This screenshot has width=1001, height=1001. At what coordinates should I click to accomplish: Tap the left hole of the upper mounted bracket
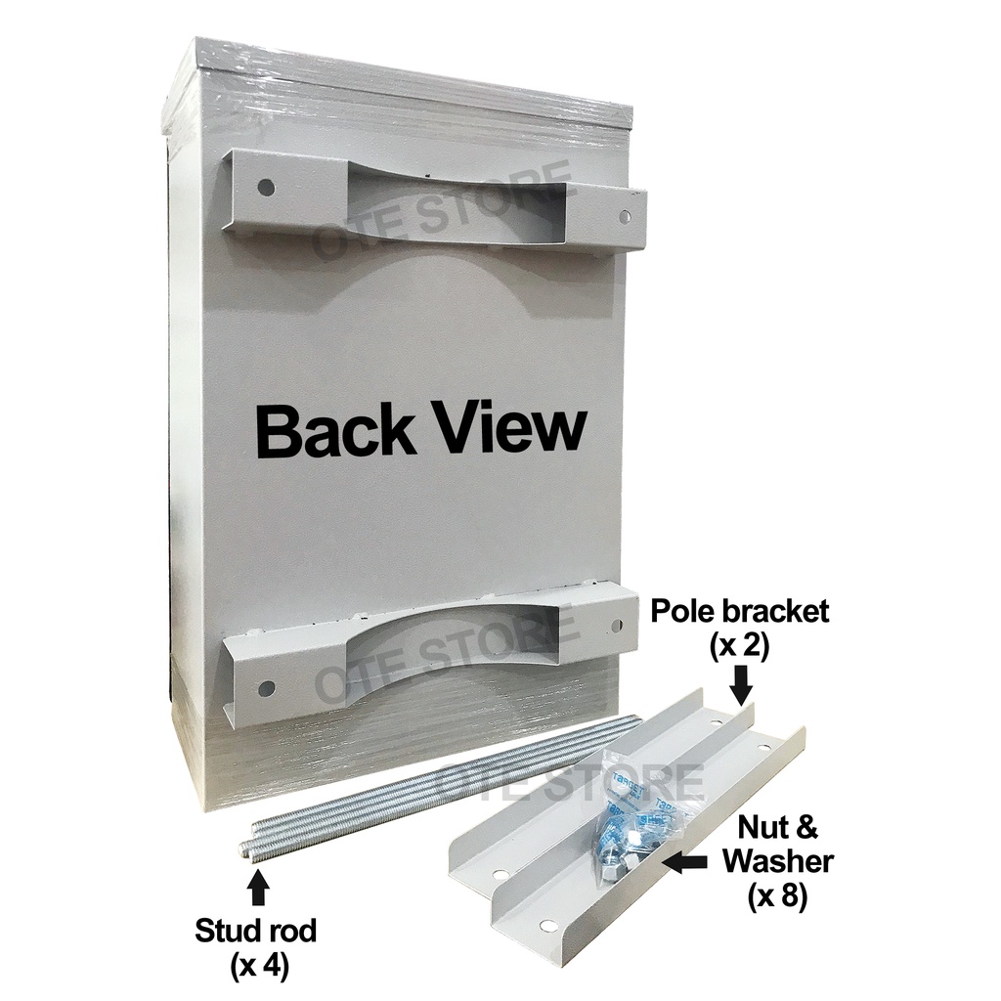pos(265,185)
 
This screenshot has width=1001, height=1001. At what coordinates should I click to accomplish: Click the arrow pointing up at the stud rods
pos(258,887)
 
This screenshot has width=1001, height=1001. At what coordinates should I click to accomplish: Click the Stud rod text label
pos(257,932)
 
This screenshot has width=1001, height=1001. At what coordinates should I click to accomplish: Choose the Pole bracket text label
pos(740,612)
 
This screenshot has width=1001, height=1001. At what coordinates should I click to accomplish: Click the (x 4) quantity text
pos(260,967)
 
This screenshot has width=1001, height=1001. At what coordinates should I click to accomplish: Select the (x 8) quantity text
pos(778,895)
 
